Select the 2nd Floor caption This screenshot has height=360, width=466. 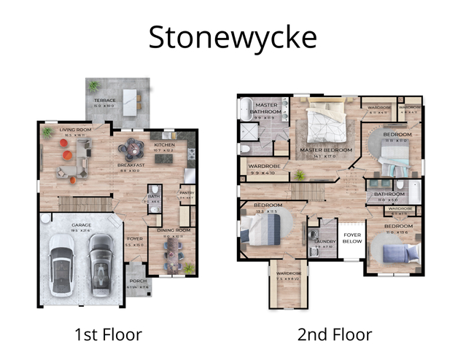tap(335, 334)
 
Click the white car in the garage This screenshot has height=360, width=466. tap(61, 268)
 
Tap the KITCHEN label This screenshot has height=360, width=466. tap(165, 145)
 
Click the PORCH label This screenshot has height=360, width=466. tap(137, 281)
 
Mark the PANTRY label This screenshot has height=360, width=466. tap(187, 193)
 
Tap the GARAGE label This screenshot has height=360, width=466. tap(81, 225)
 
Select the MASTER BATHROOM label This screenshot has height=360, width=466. tap(267, 109)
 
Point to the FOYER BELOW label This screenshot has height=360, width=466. tap(353, 238)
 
